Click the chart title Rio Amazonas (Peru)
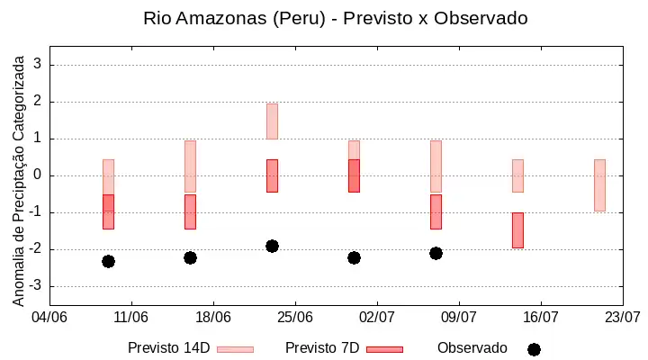(x=234, y=19)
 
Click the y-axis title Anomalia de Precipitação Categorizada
(x=18, y=181)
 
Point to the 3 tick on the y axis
(x=38, y=64)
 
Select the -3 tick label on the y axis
(x=35, y=285)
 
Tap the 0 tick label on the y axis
(x=38, y=175)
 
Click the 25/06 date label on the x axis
(x=295, y=318)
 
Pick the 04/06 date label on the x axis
(x=49, y=318)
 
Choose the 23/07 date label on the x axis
(x=623, y=318)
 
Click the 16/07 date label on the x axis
(x=541, y=318)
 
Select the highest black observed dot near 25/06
(x=272, y=246)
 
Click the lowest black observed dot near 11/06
(x=108, y=261)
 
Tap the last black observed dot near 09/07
(x=436, y=254)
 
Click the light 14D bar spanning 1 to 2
(x=272, y=121)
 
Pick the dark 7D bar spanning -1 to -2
(x=517, y=230)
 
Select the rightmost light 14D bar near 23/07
(x=599, y=185)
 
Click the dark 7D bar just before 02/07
(x=354, y=175)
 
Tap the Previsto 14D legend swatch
(x=235, y=350)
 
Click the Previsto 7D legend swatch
(x=385, y=350)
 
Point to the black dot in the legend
(x=534, y=350)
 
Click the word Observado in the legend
(x=472, y=348)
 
